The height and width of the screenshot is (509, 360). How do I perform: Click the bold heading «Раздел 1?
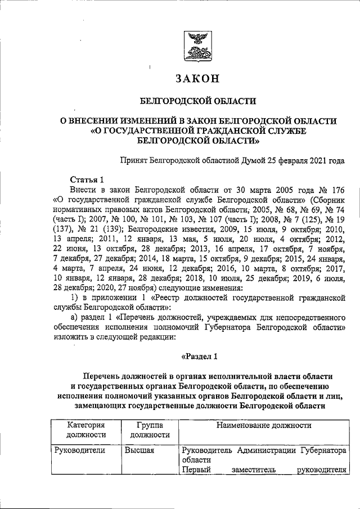(198, 355)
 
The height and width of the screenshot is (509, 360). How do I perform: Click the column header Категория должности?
(86, 429)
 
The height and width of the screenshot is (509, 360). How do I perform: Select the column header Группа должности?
(150, 429)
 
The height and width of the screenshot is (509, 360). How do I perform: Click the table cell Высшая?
(139, 450)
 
